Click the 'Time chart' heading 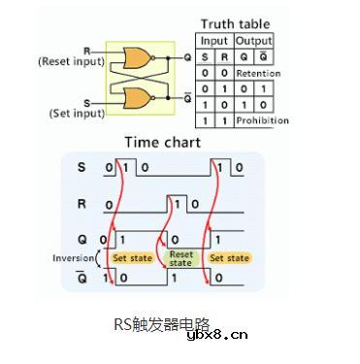[162, 143]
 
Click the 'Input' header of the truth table [213, 41]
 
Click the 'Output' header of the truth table [254, 41]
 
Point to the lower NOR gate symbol [131, 97]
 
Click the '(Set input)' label [76, 114]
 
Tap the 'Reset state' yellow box [181, 259]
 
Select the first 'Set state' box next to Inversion [133, 258]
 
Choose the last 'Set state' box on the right [230, 258]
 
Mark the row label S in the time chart [82, 168]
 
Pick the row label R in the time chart [82, 205]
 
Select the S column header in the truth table [204, 56]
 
